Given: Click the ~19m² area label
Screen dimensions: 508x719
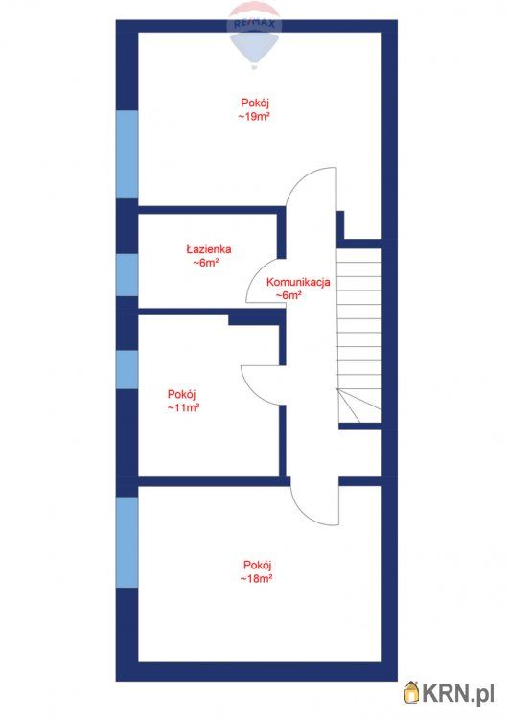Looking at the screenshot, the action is pyautogui.click(x=254, y=116).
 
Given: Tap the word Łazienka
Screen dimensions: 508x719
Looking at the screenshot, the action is pyautogui.click(x=209, y=249).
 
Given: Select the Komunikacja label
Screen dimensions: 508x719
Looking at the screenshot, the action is pyautogui.click(x=298, y=282).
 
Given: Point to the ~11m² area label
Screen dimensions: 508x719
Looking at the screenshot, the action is pyautogui.click(x=183, y=407).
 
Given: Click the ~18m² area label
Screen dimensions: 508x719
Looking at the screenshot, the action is pyautogui.click(x=256, y=578).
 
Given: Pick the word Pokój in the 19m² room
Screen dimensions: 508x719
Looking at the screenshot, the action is pyautogui.click(x=255, y=103).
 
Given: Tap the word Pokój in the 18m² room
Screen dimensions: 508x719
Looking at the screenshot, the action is pyautogui.click(x=258, y=565).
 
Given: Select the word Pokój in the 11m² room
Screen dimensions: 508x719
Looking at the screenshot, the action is pyautogui.click(x=182, y=394).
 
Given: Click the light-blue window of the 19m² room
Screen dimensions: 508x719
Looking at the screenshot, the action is pyautogui.click(x=127, y=154).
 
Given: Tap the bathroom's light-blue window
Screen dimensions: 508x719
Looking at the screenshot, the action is pyautogui.click(x=127, y=275).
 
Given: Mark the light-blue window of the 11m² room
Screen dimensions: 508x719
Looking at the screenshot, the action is pyautogui.click(x=127, y=370).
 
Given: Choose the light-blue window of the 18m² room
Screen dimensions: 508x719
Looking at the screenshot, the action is pyautogui.click(x=127, y=543).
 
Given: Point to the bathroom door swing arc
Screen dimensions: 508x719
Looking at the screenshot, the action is pyautogui.click(x=254, y=280).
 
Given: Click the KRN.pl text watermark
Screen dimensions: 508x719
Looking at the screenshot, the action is pyautogui.click(x=457, y=693).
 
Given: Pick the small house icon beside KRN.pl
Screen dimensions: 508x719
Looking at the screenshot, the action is pyautogui.click(x=412, y=691).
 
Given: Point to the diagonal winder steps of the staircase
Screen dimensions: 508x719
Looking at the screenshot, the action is pyautogui.click(x=359, y=406).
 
